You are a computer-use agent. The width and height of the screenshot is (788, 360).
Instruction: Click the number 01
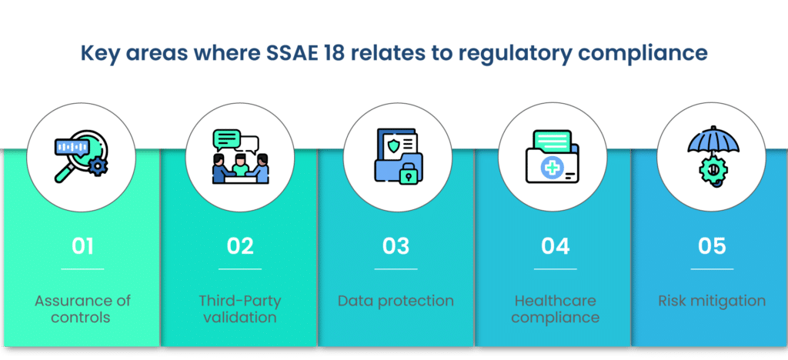pyautogui.click(x=82, y=246)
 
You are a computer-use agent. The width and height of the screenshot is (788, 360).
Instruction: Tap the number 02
pyautogui.click(x=240, y=246)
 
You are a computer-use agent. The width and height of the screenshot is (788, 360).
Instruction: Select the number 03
pyautogui.click(x=396, y=246)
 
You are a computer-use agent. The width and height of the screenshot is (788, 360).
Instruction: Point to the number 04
pyautogui.click(x=556, y=246)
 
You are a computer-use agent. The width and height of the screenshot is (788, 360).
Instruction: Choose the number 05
pyautogui.click(x=712, y=246)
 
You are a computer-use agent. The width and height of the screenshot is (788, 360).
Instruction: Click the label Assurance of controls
pyautogui.click(x=82, y=308)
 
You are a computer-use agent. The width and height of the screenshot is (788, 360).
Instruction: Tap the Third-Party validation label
pyautogui.click(x=240, y=308)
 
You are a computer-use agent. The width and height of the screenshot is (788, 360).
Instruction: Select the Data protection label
pyautogui.click(x=396, y=302)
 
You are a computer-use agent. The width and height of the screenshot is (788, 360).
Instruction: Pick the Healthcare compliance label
pyautogui.click(x=556, y=308)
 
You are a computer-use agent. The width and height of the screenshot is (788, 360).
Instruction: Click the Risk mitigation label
pyautogui.click(x=712, y=301)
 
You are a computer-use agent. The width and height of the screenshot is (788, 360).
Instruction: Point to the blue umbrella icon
pyautogui.click(x=713, y=142)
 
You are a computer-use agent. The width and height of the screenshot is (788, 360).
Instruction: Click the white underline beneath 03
pyautogui.click(x=396, y=269)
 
